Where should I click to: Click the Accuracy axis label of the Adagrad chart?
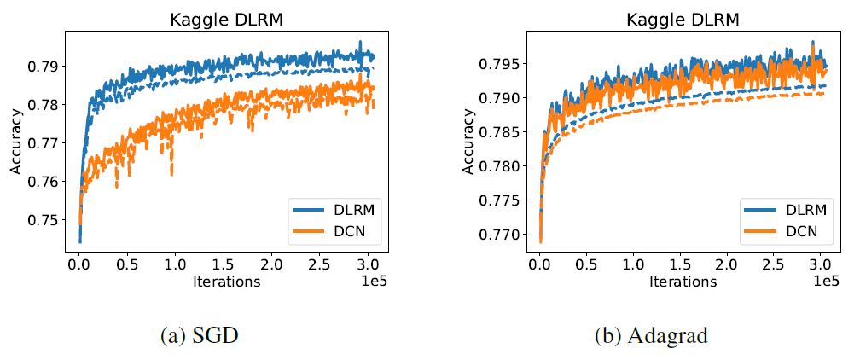pos(468,142)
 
